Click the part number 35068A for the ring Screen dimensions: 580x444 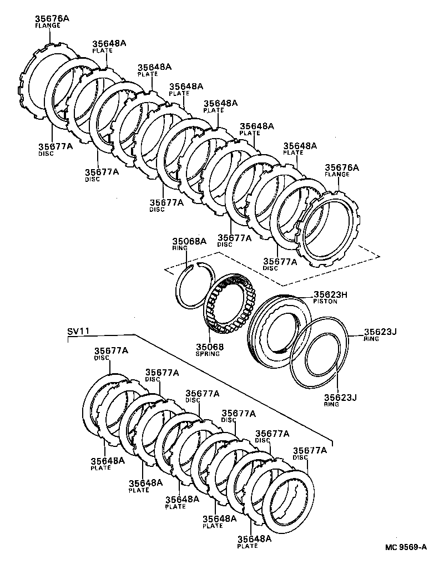coord(189,241)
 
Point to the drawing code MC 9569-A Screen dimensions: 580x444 coord(406,547)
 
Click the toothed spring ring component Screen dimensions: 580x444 coord(229,305)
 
